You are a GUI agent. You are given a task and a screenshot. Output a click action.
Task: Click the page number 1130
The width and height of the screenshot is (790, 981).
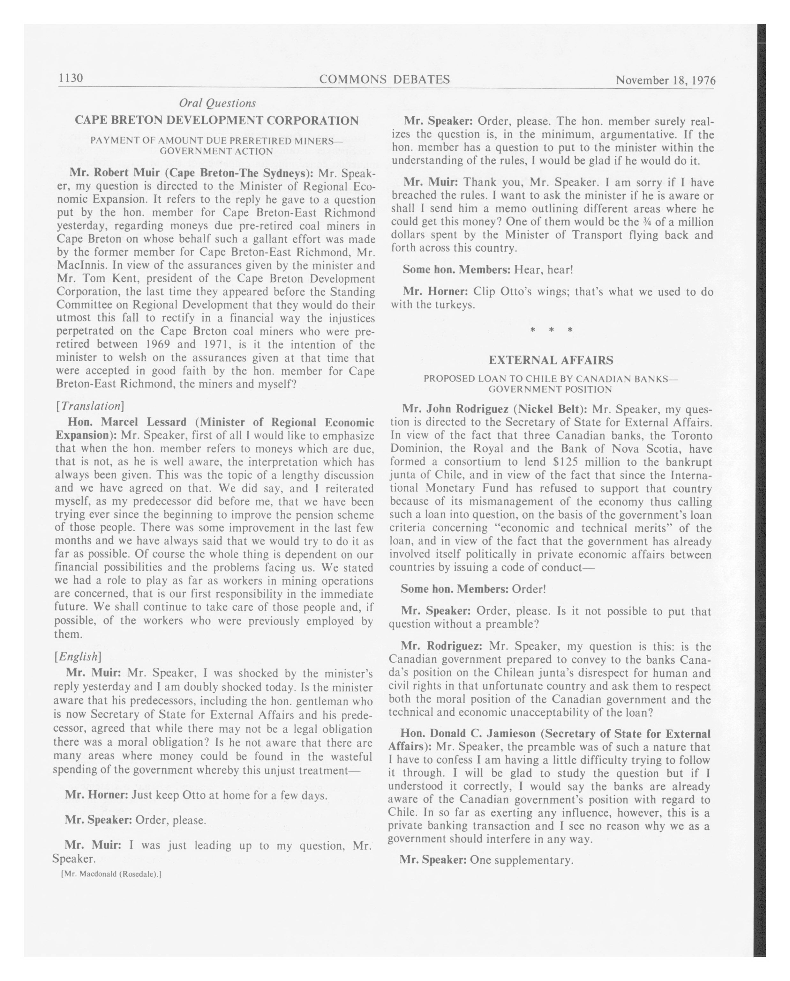(71, 78)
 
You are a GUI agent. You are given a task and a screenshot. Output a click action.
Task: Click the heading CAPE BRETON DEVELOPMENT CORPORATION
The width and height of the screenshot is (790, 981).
(217, 121)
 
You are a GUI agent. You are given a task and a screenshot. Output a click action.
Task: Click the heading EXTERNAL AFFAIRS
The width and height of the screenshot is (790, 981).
(551, 360)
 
